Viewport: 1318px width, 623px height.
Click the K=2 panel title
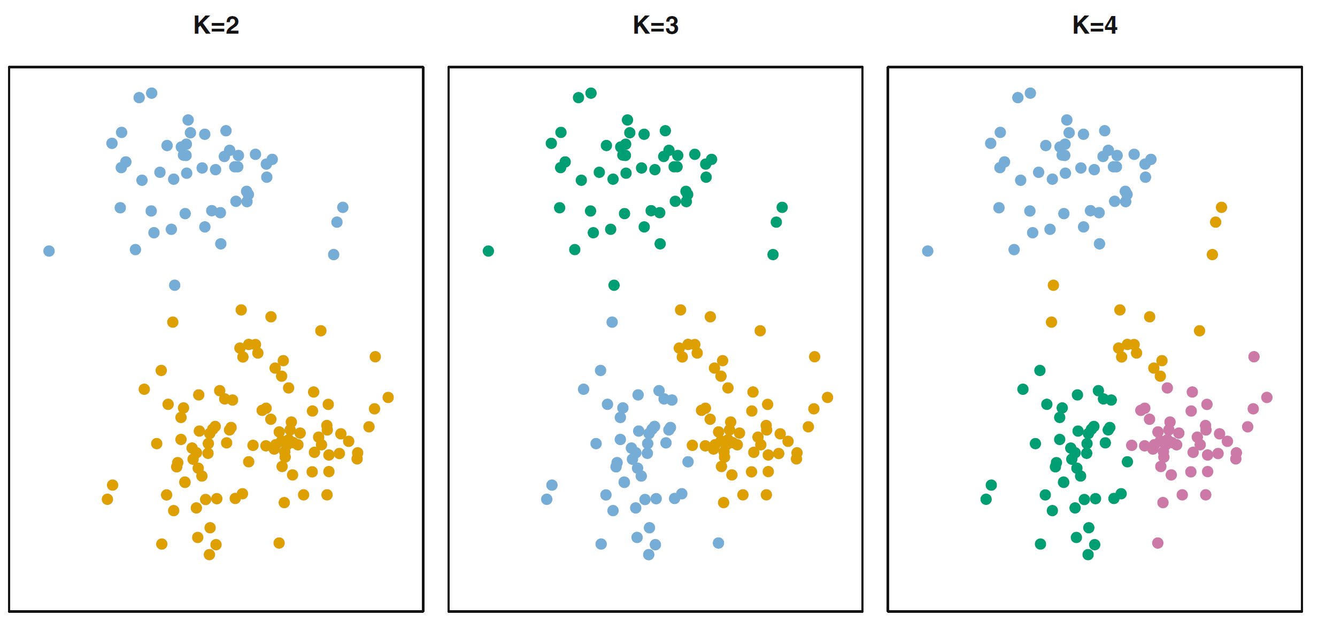[216, 25]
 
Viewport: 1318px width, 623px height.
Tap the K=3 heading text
[656, 25]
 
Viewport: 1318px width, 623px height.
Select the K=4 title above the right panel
[1095, 25]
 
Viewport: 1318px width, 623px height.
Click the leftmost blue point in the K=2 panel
[49, 251]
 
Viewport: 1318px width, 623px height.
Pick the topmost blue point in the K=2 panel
[152, 94]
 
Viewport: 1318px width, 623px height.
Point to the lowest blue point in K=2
[175, 285]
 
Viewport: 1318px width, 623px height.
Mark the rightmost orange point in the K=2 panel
[388, 398]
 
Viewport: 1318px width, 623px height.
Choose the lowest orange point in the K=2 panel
[210, 555]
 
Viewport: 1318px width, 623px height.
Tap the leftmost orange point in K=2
[107, 499]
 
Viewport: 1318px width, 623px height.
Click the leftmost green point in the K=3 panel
[488, 251]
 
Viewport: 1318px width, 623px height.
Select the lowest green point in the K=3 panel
[614, 285]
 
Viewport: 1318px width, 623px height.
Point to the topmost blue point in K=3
[612, 322]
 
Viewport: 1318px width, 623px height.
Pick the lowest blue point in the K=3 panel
[649, 555]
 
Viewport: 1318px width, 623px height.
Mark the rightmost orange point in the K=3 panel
[827, 398]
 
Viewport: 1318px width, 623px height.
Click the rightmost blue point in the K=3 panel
[719, 543]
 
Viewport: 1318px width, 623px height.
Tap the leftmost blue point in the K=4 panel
[928, 251]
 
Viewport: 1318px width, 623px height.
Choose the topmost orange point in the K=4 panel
[1221, 207]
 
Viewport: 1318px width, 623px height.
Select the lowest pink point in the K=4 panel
[1158, 543]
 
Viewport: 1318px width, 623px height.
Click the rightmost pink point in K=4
[1267, 398]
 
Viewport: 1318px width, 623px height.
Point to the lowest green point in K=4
[1088, 555]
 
